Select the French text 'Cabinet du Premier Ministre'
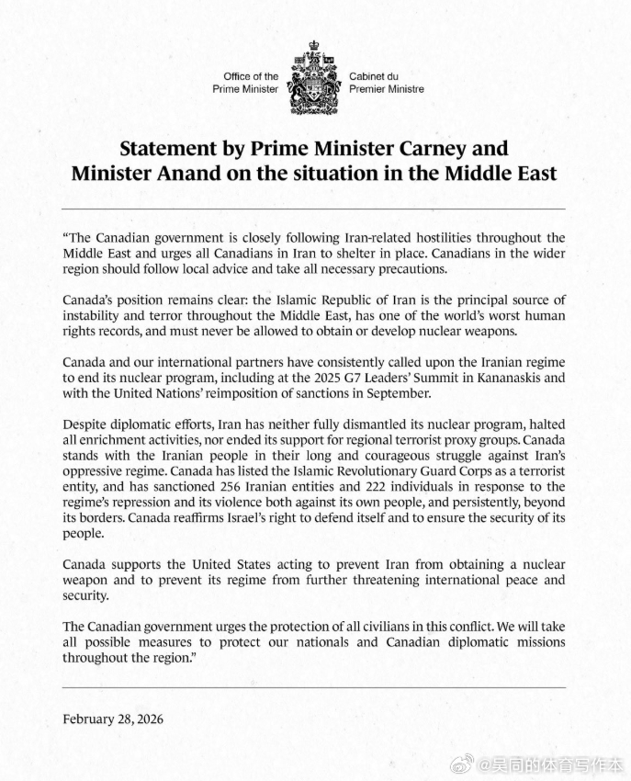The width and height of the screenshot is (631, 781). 386,83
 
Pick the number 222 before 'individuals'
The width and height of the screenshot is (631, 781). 418,487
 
